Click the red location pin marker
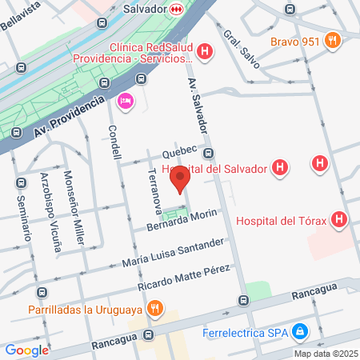180,179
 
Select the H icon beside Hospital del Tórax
340,218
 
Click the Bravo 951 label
295,41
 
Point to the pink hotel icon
125,102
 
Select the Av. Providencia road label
70,116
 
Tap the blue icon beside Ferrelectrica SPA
299,330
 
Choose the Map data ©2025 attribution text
325,354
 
